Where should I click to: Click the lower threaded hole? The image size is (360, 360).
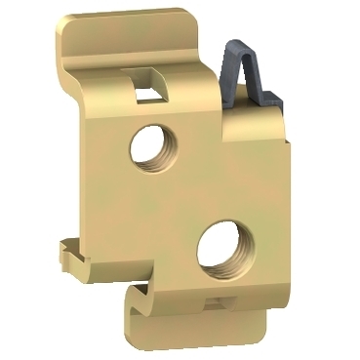tap(220, 251)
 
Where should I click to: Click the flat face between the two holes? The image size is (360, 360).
tap(185, 195)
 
